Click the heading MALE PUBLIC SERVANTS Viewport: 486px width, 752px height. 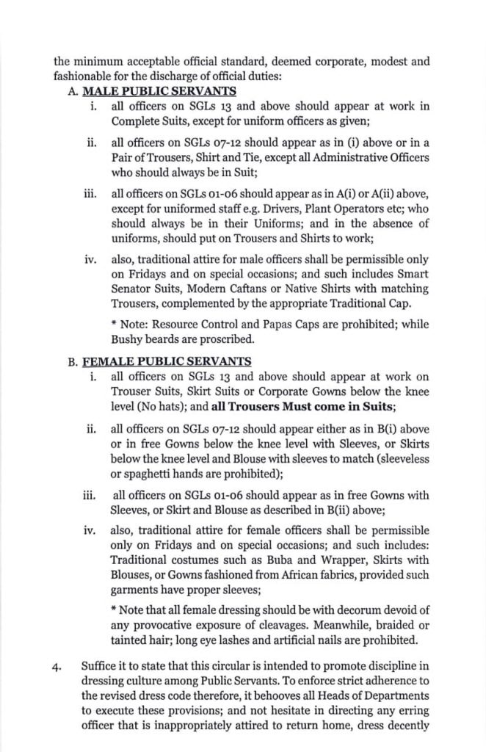159,92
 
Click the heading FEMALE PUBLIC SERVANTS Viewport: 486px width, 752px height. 167,361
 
